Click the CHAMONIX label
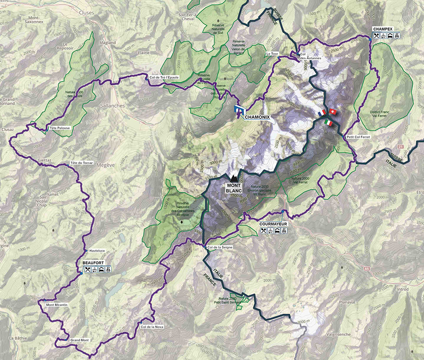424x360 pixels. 258,117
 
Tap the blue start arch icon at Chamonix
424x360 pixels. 238,111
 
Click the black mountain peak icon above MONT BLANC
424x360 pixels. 234,177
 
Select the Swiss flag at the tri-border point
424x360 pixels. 332,112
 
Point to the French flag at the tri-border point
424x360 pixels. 321,113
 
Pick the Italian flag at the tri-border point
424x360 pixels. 328,123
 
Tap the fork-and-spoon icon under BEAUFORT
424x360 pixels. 87,270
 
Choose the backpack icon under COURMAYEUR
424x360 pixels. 284,231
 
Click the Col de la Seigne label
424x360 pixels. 220,247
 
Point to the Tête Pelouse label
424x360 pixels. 59,128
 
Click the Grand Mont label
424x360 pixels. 79,340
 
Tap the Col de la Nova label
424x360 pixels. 152,327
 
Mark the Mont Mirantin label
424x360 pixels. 57,304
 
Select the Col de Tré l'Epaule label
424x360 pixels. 164,77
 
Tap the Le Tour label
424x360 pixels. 273,54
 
